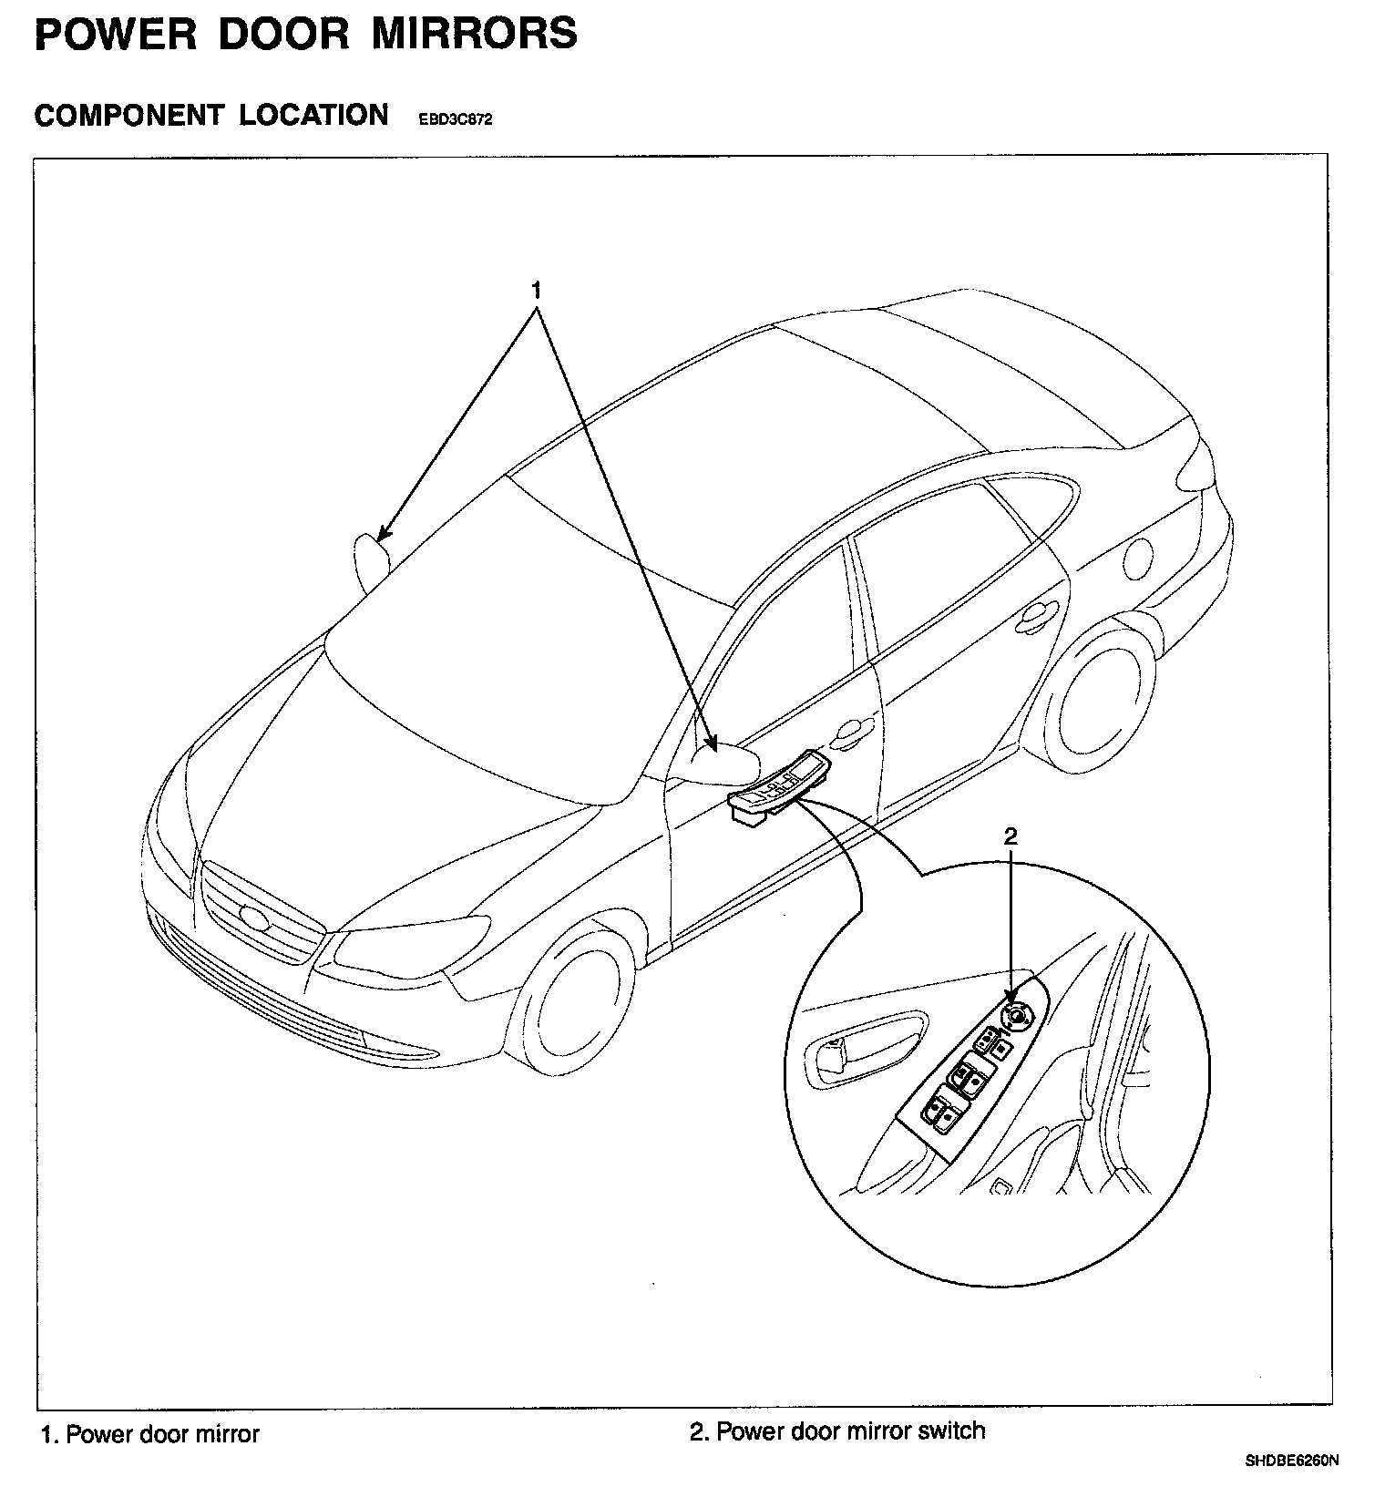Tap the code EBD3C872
pyautogui.click(x=455, y=119)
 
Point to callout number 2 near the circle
pyautogui.click(x=1010, y=836)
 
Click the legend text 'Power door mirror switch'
pyautogui.click(x=850, y=1431)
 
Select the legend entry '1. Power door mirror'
pyautogui.click(x=150, y=1434)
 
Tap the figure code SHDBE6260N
pyautogui.click(x=1292, y=1461)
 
